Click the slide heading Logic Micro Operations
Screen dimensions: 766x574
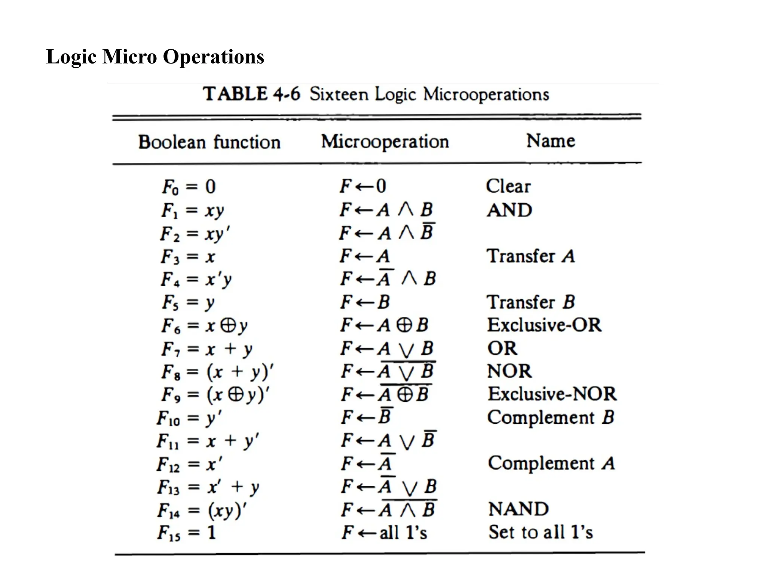[x=155, y=57]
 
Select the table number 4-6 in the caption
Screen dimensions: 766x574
[x=287, y=93]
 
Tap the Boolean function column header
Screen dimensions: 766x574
[x=209, y=142]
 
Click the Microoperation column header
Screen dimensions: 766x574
[x=385, y=142]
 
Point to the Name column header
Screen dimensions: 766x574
[x=551, y=141]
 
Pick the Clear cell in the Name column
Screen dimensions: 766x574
[x=508, y=186]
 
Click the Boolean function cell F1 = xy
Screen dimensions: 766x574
[x=193, y=210]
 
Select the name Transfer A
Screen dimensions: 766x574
[x=530, y=256]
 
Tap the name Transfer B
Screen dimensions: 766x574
[x=530, y=302]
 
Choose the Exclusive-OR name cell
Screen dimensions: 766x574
[x=544, y=325]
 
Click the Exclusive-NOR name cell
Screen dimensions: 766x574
[x=552, y=394]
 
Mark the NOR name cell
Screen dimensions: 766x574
[x=509, y=371]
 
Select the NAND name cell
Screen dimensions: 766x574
[x=518, y=509]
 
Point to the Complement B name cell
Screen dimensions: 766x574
[x=551, y=417]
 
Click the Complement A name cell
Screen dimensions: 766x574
[x=551, y=463]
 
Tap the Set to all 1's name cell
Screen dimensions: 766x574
[x=540, y=532]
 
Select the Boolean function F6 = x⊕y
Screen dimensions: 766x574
[x=204, y=326]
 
